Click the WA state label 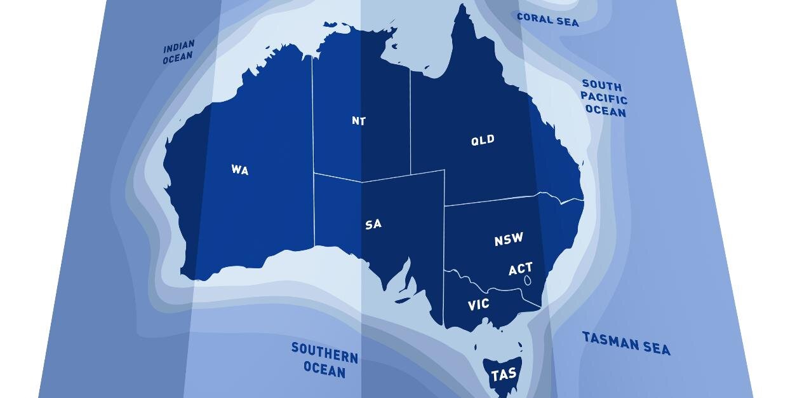click(240, 170)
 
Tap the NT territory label click(359, 121)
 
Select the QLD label click(483, 141)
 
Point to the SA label click(373, 224)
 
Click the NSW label click(509, 239)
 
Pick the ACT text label click(521, 269)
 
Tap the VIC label click(479, 305)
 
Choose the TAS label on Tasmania click(504, 375)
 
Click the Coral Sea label click(548, 20)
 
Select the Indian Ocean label click(178, 53)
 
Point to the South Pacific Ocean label click(605, 99)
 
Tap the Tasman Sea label click(626, 343)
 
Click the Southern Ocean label click(324, 360)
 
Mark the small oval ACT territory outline click(528, 280)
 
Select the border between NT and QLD click(410, 121)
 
